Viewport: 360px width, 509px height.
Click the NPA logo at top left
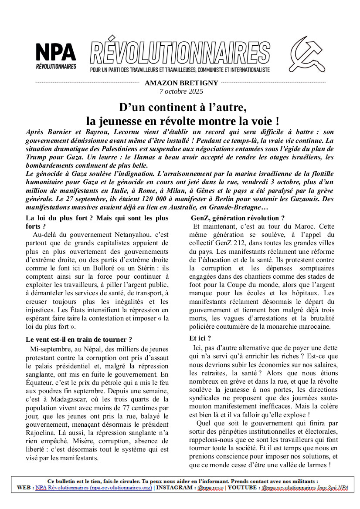56,56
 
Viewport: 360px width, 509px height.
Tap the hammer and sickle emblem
308,54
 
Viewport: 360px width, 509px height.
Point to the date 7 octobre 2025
181,91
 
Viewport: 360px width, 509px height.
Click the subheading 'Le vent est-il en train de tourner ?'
79,339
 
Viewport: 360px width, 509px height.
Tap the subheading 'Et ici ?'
200,338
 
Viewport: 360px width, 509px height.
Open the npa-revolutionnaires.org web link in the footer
94,488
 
